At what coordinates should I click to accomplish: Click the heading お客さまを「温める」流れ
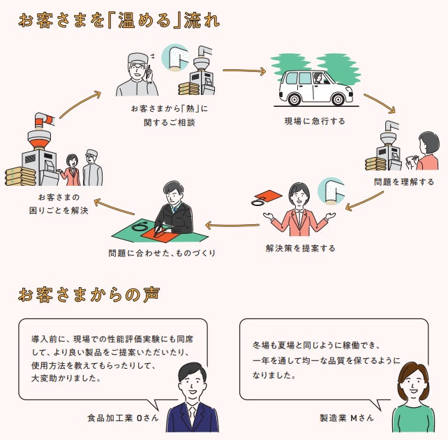(119, 20)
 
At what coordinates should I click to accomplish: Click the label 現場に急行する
(314, 121)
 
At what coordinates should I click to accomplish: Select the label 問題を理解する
(403, 182)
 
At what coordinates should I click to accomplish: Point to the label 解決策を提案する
(300, 248)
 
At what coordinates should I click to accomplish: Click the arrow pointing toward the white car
(244, 71)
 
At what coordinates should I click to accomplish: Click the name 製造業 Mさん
(347, 418)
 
